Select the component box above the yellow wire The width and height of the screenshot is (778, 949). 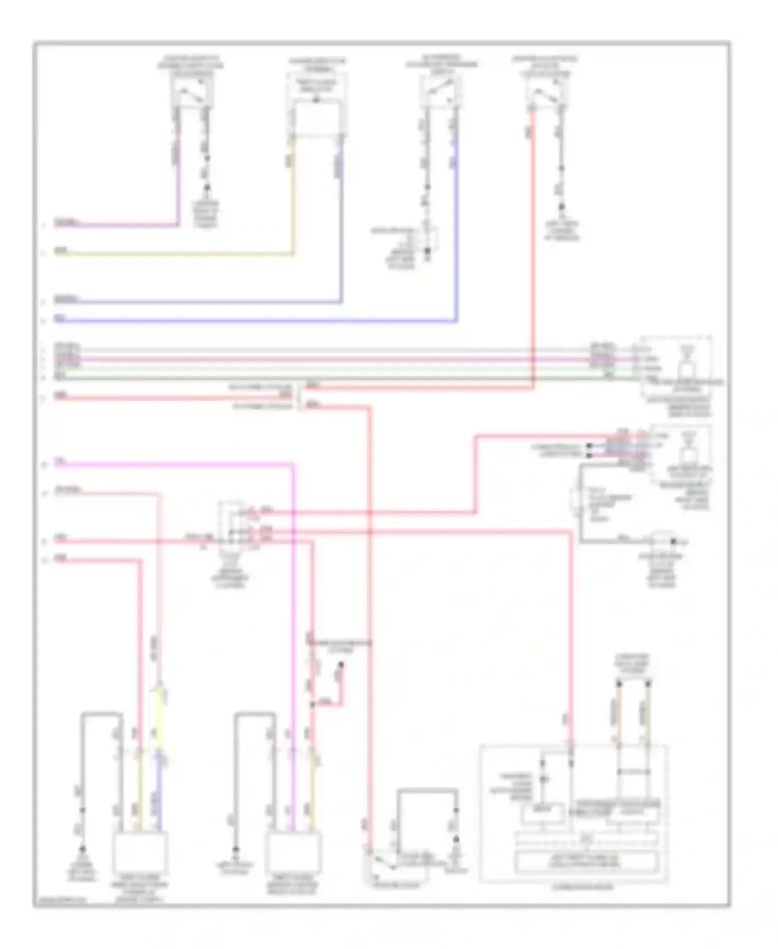[316, 87]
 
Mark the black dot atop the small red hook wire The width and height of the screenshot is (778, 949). [341, 665]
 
